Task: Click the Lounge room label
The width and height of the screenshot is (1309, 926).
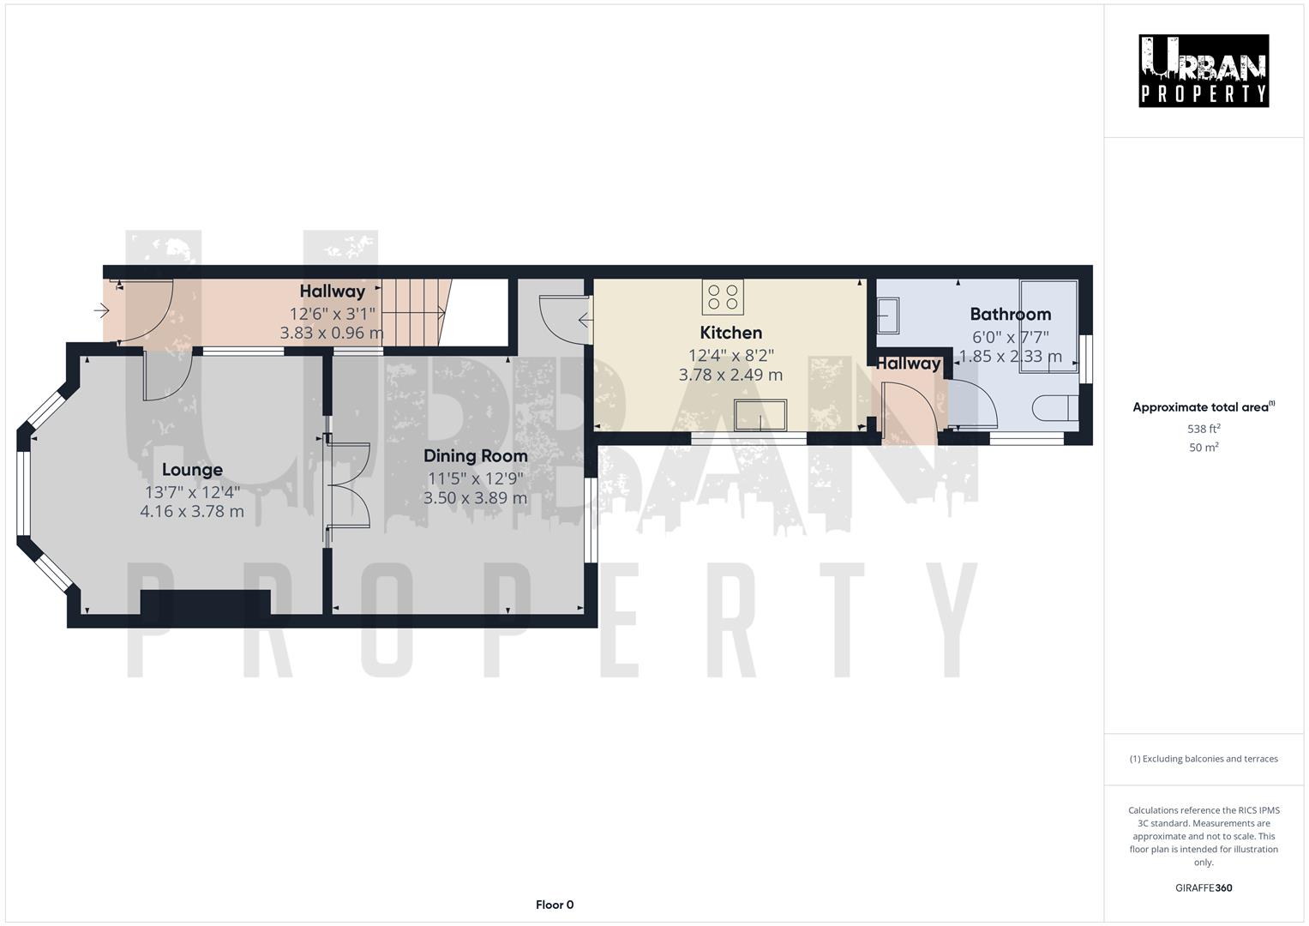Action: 192,470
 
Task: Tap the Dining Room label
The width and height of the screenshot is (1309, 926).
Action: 475,455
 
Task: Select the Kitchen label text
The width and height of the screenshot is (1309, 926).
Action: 730,333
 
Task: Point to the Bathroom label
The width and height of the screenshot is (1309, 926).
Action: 1010,314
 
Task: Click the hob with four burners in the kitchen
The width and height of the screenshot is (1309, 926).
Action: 723,297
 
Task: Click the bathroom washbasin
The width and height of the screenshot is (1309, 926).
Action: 888,315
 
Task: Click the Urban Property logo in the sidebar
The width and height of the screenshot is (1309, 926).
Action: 1204,71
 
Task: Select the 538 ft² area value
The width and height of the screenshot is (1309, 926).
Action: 1204,429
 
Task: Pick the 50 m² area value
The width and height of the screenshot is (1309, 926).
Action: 1204,448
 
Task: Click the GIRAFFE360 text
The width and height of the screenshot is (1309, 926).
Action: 1204,888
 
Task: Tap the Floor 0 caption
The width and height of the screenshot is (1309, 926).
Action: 555,905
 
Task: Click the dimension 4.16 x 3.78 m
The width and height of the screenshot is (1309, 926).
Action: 192,512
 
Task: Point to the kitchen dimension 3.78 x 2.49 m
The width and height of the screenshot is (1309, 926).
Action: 730,375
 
